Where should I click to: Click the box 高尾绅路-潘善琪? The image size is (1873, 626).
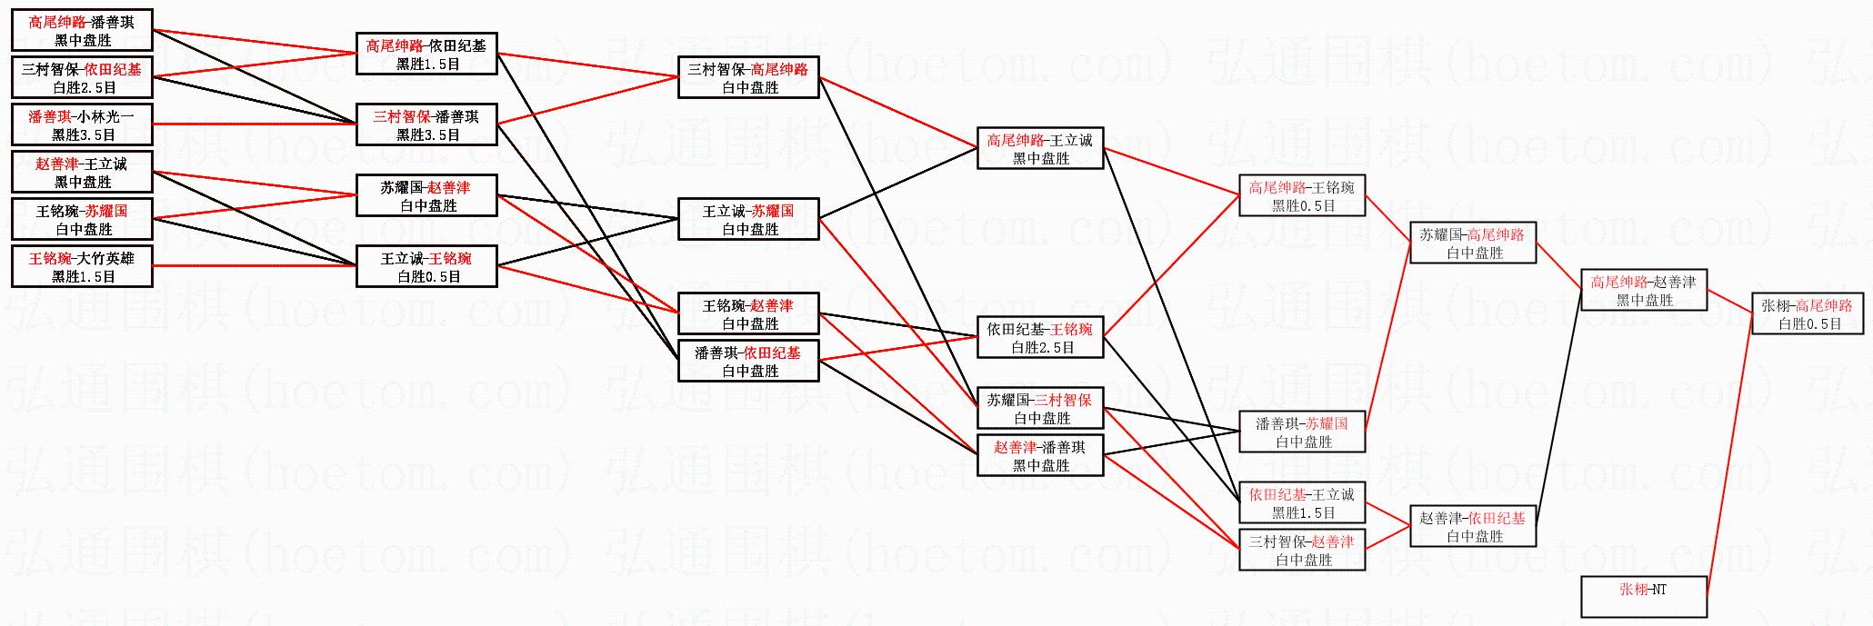point(82,31)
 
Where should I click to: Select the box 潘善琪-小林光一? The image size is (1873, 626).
point(82,125)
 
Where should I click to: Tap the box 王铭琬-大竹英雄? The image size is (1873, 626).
point(82,267)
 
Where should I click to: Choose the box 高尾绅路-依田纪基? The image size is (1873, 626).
point(426,55)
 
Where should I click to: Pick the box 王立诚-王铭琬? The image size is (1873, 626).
point(426,267)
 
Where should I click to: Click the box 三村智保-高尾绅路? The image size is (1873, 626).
point(749,78)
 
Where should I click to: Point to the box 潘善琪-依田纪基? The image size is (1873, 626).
point(749,362)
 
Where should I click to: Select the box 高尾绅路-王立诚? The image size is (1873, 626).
point(1041,149)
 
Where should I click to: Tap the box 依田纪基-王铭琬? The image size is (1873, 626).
point(1041,338)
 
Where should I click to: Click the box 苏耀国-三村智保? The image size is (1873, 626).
point(1041,409)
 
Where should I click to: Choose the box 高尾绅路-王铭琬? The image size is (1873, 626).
point(1303,196)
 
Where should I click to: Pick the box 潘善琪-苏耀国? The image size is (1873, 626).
point(1303,432)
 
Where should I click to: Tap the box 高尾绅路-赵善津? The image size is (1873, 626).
point(1645,291)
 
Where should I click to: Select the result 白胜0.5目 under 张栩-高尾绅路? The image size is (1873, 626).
point(1810,324)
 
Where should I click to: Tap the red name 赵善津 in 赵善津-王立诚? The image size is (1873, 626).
point(55,164)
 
